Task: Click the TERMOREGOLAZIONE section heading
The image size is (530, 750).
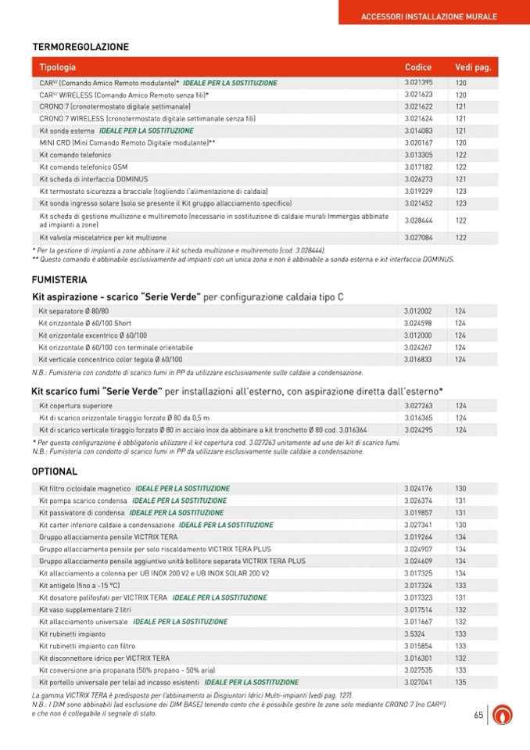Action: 81,47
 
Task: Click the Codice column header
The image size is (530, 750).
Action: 417,67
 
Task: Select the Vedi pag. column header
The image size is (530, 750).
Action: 472,67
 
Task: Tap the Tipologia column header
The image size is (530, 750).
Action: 58,67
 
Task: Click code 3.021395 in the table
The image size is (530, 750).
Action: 418,83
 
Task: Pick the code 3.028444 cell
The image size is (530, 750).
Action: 418,221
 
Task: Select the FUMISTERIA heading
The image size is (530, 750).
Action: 59,279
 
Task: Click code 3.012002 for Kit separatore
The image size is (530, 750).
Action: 417,311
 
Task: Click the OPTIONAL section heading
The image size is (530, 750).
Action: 55,472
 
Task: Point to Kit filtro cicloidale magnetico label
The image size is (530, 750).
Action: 84,489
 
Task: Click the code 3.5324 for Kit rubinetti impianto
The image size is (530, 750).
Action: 414,634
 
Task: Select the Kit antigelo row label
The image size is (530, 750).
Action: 79,586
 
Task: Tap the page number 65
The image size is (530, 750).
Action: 478,716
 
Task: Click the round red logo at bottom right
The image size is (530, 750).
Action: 504,716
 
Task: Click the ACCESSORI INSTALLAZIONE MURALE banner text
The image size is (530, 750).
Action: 429,16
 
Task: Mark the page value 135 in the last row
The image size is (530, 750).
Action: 461,683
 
